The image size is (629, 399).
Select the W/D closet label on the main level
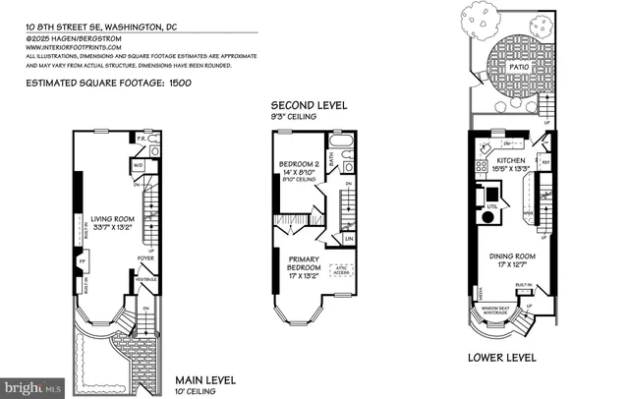(x=139, y=166)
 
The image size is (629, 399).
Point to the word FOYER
(x=145, y=259)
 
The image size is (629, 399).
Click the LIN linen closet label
(x=349, y=237)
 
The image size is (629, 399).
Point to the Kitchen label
(x=511, y=159)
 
